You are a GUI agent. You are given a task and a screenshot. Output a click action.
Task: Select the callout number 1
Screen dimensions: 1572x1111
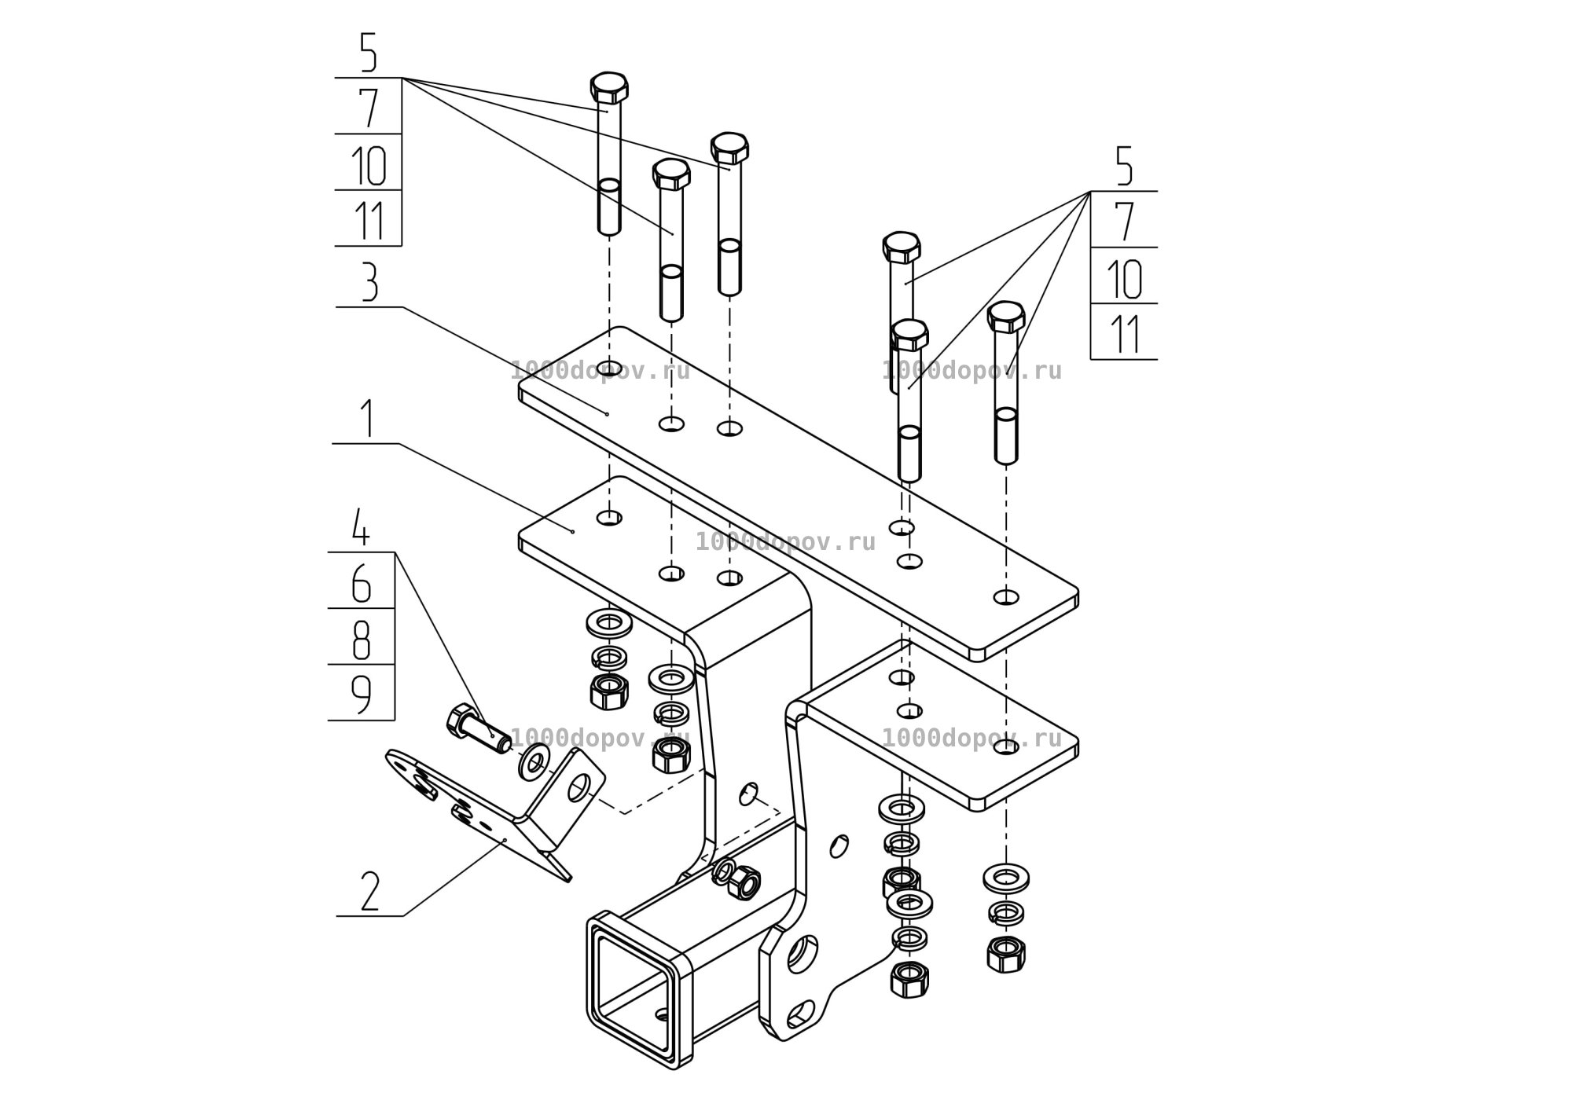(367, 420)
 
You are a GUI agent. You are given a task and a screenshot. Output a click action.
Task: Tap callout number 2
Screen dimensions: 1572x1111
(369, 892)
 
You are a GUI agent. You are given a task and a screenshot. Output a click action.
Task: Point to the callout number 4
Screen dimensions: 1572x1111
(360, 528)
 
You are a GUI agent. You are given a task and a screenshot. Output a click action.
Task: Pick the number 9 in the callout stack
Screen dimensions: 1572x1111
(361, 695)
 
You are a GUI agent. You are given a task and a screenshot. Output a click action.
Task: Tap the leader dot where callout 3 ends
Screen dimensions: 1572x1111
(608, 413)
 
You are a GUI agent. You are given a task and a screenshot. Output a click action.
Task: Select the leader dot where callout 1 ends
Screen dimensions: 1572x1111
(573, 532)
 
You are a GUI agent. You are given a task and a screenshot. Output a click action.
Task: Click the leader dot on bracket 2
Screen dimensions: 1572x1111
(505, 841)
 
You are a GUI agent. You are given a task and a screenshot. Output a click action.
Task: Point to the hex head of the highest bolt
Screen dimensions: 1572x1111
(609, 89)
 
